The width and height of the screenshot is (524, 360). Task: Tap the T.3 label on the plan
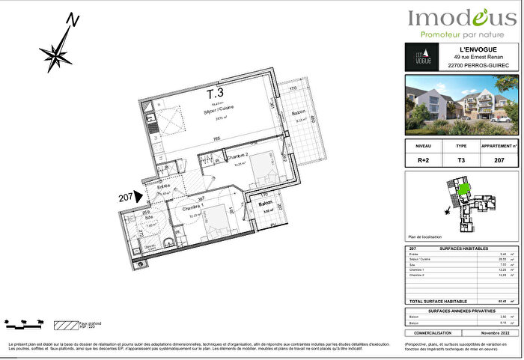coord(215,94)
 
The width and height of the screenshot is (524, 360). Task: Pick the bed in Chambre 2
coord(261,171)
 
